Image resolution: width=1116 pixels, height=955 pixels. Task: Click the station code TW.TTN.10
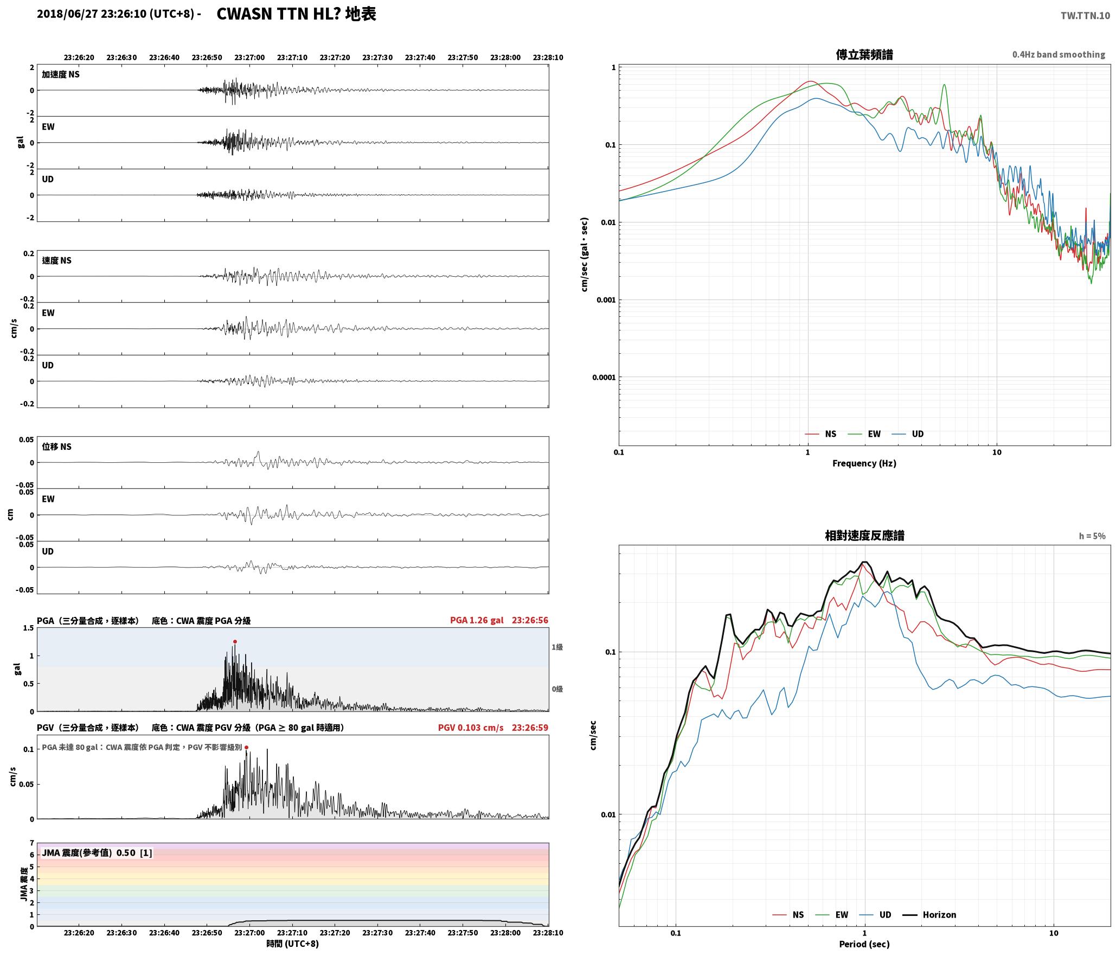coord(1085,16)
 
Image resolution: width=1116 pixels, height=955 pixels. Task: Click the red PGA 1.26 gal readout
coord(477,620)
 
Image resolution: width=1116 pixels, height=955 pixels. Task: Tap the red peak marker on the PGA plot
coord(235,641)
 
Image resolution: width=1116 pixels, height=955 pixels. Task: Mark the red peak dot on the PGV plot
coord(246,747)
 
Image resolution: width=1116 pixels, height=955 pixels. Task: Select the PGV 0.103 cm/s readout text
coord(471,727)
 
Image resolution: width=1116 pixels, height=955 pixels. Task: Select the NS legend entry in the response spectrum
coord(788,914)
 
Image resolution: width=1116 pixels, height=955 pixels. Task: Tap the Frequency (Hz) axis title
coord(864,463)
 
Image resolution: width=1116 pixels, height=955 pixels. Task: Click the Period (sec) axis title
coord(864,944)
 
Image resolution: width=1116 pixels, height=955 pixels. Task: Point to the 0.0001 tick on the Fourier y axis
coord(603,377)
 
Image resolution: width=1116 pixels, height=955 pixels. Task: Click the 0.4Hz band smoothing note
coord(1059,54)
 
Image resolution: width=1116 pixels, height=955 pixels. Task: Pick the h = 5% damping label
coord(1092,536)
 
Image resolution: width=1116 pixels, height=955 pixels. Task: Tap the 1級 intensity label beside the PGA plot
coord(557,647)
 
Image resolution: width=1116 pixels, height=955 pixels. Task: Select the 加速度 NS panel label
coord(61,74)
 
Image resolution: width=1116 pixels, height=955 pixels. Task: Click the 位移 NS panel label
coord(56,447)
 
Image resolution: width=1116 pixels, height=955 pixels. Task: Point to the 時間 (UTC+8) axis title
coord(292,944)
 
